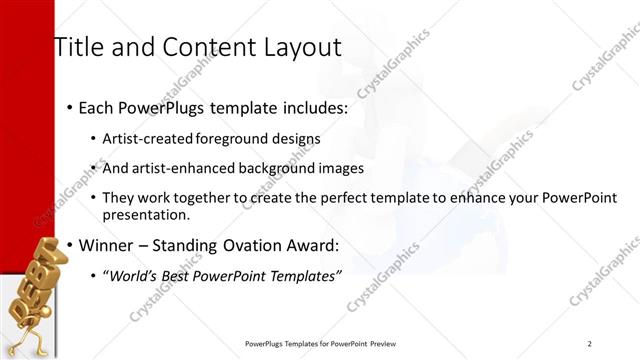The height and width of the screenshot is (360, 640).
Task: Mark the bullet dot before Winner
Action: pos(69,245)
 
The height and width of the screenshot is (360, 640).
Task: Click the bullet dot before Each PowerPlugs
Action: pos(69,107)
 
